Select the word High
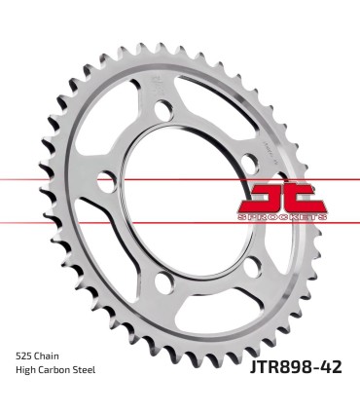point(27,370)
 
